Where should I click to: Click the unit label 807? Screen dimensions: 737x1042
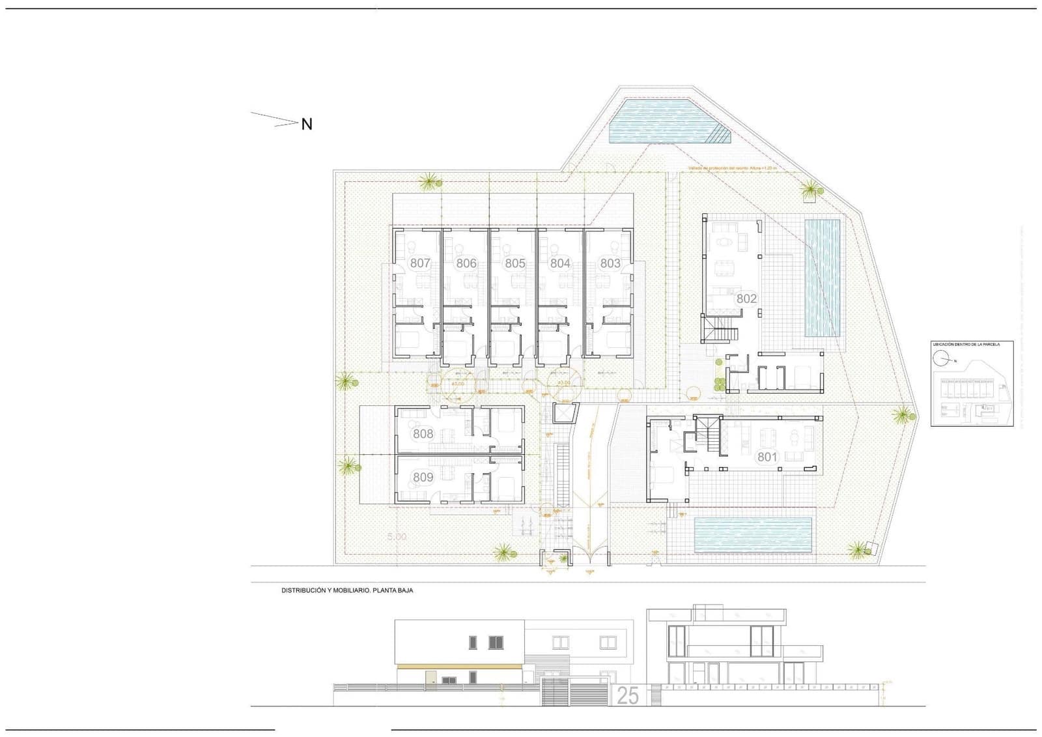point(420,263)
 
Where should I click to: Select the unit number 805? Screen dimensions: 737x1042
point(514,263)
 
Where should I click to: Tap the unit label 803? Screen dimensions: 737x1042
point(610,263)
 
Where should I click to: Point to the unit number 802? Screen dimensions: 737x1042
point(746,298)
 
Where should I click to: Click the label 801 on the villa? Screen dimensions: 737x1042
point(767,457)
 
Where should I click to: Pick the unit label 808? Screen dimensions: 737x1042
point(423,434)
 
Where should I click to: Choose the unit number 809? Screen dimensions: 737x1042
point(423,477)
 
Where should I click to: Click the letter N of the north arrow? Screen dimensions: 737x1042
point(307,124)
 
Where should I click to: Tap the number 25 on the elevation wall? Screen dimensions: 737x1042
point(627,696)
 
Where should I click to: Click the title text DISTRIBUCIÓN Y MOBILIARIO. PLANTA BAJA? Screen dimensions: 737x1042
point(347,590)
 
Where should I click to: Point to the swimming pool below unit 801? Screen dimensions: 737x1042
point(753,534)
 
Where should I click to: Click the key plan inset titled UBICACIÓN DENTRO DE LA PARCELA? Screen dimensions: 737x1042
point(972,384)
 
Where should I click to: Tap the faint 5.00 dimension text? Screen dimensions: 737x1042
point(397,537)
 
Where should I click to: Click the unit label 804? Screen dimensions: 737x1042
point(560,263)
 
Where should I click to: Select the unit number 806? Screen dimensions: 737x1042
point(466,263)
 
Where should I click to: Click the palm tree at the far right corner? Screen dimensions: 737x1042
point(904,414)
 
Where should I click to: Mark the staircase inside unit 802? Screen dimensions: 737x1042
point(720,328)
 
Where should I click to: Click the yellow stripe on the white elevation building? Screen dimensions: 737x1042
point(459,666)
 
